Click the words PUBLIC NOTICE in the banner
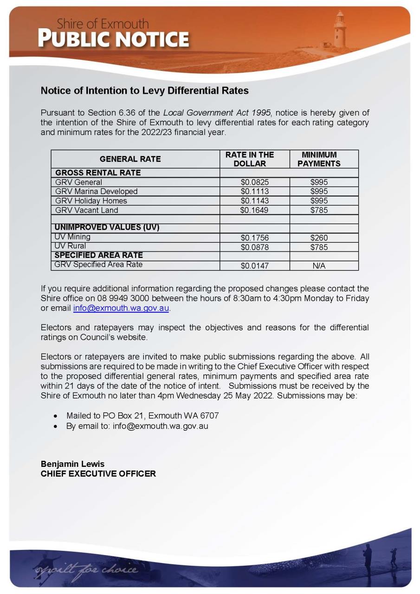point(114,39)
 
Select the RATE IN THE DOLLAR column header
point(250,159)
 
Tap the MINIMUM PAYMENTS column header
point(319,159)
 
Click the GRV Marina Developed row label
point(97,191)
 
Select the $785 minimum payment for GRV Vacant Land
point(319,210)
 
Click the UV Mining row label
point(72,237)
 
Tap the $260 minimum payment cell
point(319,238)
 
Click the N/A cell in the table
point(319,266)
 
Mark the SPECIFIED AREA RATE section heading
point(99,255)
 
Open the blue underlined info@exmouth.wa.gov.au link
point(121,308)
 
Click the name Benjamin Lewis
point(72,464)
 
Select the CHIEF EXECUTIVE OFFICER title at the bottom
point(98,474)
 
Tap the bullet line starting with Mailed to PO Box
point(142,415)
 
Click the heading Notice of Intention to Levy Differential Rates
point(145,90)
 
